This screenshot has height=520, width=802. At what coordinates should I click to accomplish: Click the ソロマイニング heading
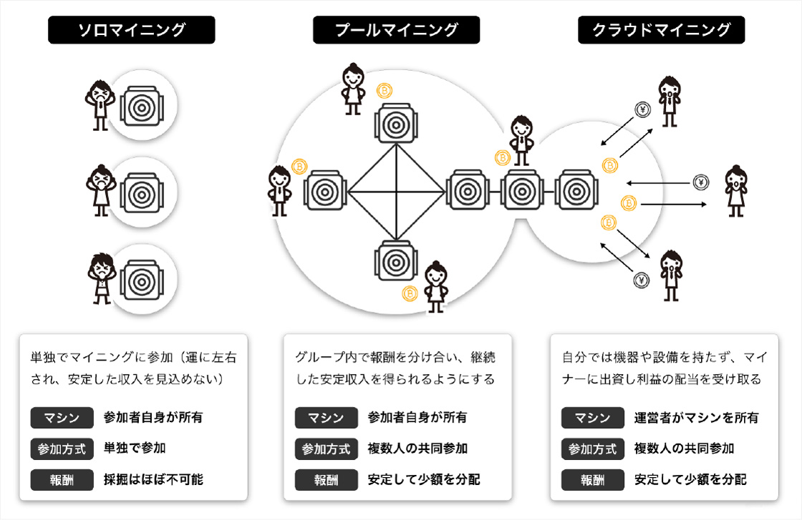point(132,30)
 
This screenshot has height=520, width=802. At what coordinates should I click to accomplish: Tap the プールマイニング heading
point(396,30)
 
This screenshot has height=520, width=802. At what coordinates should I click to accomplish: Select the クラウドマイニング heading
point(661,30)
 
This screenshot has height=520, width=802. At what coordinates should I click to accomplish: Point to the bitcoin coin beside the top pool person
point(385,91)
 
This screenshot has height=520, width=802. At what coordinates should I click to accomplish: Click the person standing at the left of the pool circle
point(279,190)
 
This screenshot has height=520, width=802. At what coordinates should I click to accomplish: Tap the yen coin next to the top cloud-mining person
point(642,109)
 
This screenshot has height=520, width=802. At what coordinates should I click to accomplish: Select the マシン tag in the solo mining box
point(63,418)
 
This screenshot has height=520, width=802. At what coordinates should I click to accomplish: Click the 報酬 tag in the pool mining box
point(326,479)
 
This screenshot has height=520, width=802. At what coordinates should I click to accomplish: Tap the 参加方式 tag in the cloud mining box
point(592,448)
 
